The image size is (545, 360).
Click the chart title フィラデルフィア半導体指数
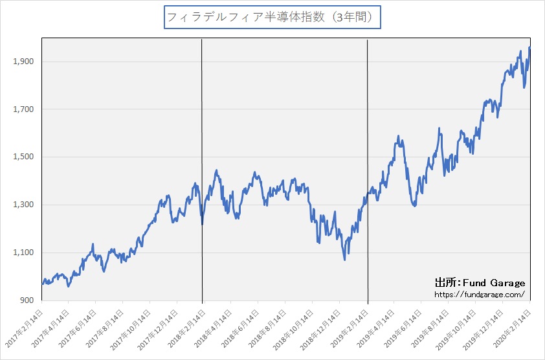(272, 17)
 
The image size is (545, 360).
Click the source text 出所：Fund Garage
(480, 283)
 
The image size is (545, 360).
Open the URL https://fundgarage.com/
(480, 294)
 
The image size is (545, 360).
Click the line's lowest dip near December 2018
(344, 260)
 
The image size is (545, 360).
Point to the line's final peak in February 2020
(529, 47)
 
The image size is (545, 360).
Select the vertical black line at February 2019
(368, 129)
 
